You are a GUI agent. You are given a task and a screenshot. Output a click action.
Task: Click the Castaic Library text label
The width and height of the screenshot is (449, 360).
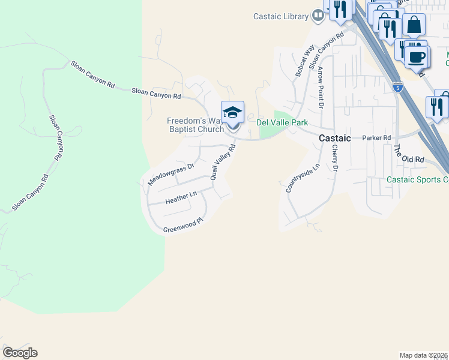point(280,17)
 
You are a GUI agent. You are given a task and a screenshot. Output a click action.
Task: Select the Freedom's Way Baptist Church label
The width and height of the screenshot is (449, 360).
point(196,125)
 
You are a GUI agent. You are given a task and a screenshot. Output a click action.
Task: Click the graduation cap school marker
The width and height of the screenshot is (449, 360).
point(232,112)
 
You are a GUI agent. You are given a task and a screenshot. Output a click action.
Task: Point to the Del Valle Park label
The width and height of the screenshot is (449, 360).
point(282,122)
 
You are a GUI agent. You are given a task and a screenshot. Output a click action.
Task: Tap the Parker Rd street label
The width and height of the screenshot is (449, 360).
point(377,137)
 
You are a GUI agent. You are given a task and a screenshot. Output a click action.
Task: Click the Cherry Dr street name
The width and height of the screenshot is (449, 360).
point(335,158)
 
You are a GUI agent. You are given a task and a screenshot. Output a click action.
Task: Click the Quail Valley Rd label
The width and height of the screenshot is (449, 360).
point(222,161)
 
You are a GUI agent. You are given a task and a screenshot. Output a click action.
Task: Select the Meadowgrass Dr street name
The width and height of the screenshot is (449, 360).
point(172,174)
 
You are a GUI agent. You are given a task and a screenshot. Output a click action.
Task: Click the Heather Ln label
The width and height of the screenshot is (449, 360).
point(181,197)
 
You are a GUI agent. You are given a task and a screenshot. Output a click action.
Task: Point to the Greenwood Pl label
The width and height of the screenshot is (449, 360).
point(184,226)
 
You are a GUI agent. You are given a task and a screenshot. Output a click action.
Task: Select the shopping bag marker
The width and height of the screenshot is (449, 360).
point(414,25)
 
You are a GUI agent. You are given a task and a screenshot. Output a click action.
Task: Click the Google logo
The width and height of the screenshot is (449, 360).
point(20,353)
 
